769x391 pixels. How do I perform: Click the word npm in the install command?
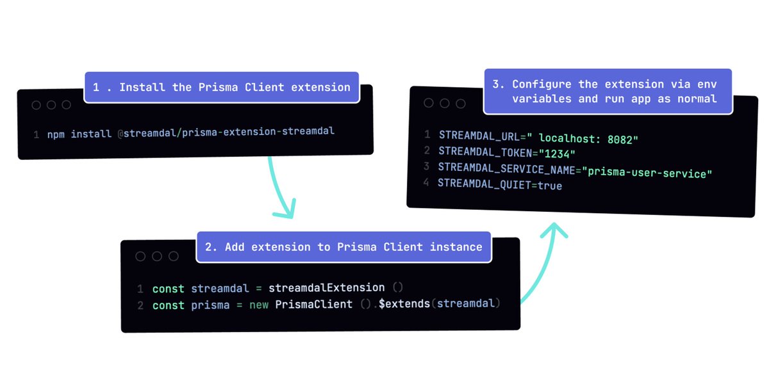click(x=56, y=134)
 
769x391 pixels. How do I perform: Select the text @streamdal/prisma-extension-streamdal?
click(x=226, y=132)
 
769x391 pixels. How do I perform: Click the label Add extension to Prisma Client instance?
click(x=343, y=246)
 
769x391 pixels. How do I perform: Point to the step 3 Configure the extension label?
click(x=608, y=92)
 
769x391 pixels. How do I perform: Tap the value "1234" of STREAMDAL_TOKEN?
click(x=556, y=154)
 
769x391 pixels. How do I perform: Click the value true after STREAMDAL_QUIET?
click(x=549, y=186)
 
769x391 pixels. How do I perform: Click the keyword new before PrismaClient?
click(x=258, y=305)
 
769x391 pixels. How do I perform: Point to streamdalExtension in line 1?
click(x=326, y=288)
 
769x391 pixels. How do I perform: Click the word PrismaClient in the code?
click(x=313, y=304)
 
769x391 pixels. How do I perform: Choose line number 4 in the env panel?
click(x=426, y=183)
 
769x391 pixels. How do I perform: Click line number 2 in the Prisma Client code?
click(x=140, y=305)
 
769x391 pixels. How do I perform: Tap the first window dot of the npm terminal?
click(x=37, y=105)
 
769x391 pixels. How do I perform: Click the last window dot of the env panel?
click(x=461, y=103)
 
